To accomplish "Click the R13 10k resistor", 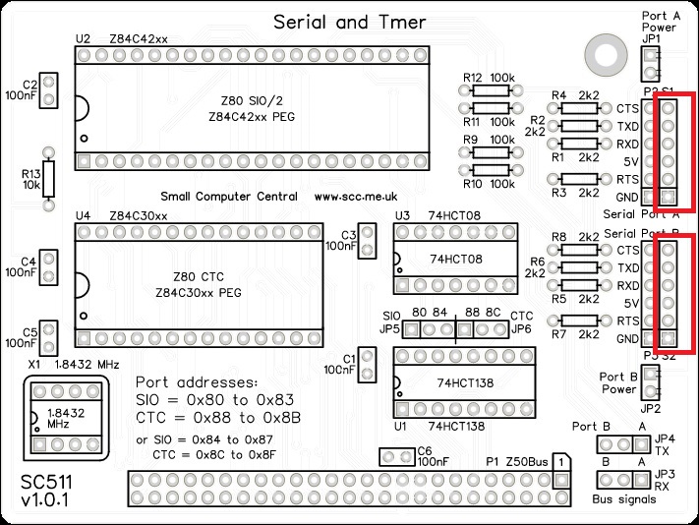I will [x=48, y=178].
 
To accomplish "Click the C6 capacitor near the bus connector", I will [x=397, y=458].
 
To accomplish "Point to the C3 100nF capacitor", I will [x=368, y=241].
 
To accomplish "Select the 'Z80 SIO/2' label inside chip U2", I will [x=252, y=100].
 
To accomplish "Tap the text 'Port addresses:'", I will [x=197, y=381].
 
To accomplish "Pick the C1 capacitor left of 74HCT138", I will [x=368, y=365].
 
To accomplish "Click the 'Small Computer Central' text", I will [x=228, y=197].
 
